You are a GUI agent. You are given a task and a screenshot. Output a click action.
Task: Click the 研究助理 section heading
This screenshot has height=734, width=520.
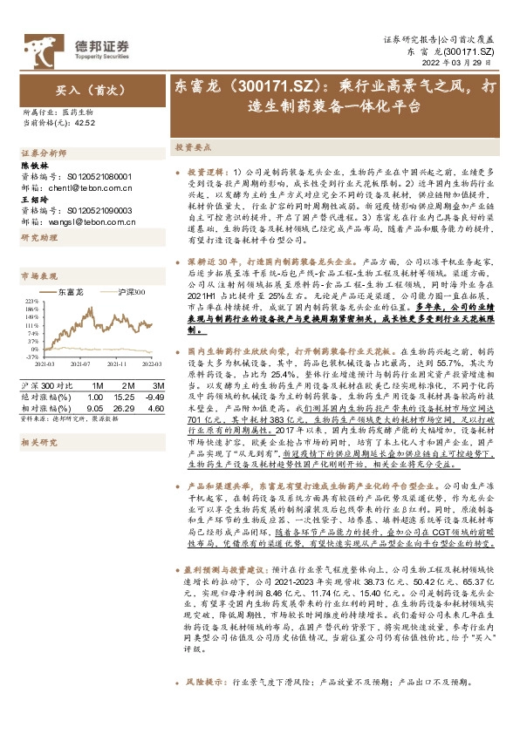tap(36, 237)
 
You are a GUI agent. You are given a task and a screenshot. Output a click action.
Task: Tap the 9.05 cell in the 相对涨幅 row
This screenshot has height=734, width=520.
tap(96, 407)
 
